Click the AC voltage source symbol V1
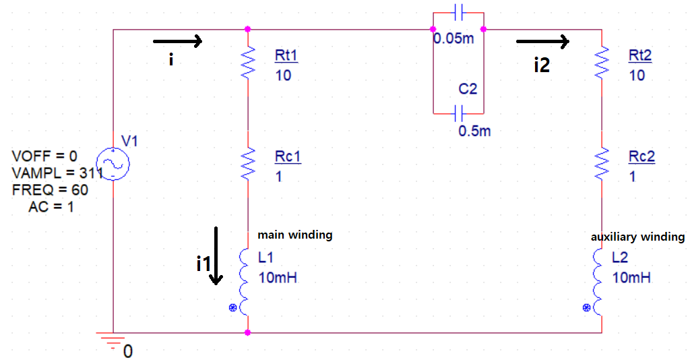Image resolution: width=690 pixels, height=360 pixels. [x=113, y=164]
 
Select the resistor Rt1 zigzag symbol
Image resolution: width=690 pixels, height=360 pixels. [x=248, y=63]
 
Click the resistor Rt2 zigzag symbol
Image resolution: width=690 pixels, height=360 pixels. [x=601, y=63]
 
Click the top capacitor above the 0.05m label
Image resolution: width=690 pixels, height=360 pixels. [x=459, y=12]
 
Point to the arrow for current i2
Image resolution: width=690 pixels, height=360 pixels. [x=543, y=42]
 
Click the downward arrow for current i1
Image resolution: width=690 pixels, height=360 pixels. [x=216, y=256]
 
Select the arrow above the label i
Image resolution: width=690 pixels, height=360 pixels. [x=178, y=42]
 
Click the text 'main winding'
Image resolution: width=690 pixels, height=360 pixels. [x=294, y=235]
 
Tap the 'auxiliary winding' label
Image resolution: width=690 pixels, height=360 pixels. [x=637, y=237]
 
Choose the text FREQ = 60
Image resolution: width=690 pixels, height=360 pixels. [x=49, y=190]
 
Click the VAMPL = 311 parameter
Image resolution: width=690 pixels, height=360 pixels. [x=54, y=173]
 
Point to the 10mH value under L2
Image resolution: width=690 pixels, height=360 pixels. [x=631, y=277]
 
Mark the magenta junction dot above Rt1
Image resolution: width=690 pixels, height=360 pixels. [x=248, y=29]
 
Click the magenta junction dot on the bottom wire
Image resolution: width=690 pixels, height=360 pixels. [x=248, y=332]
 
